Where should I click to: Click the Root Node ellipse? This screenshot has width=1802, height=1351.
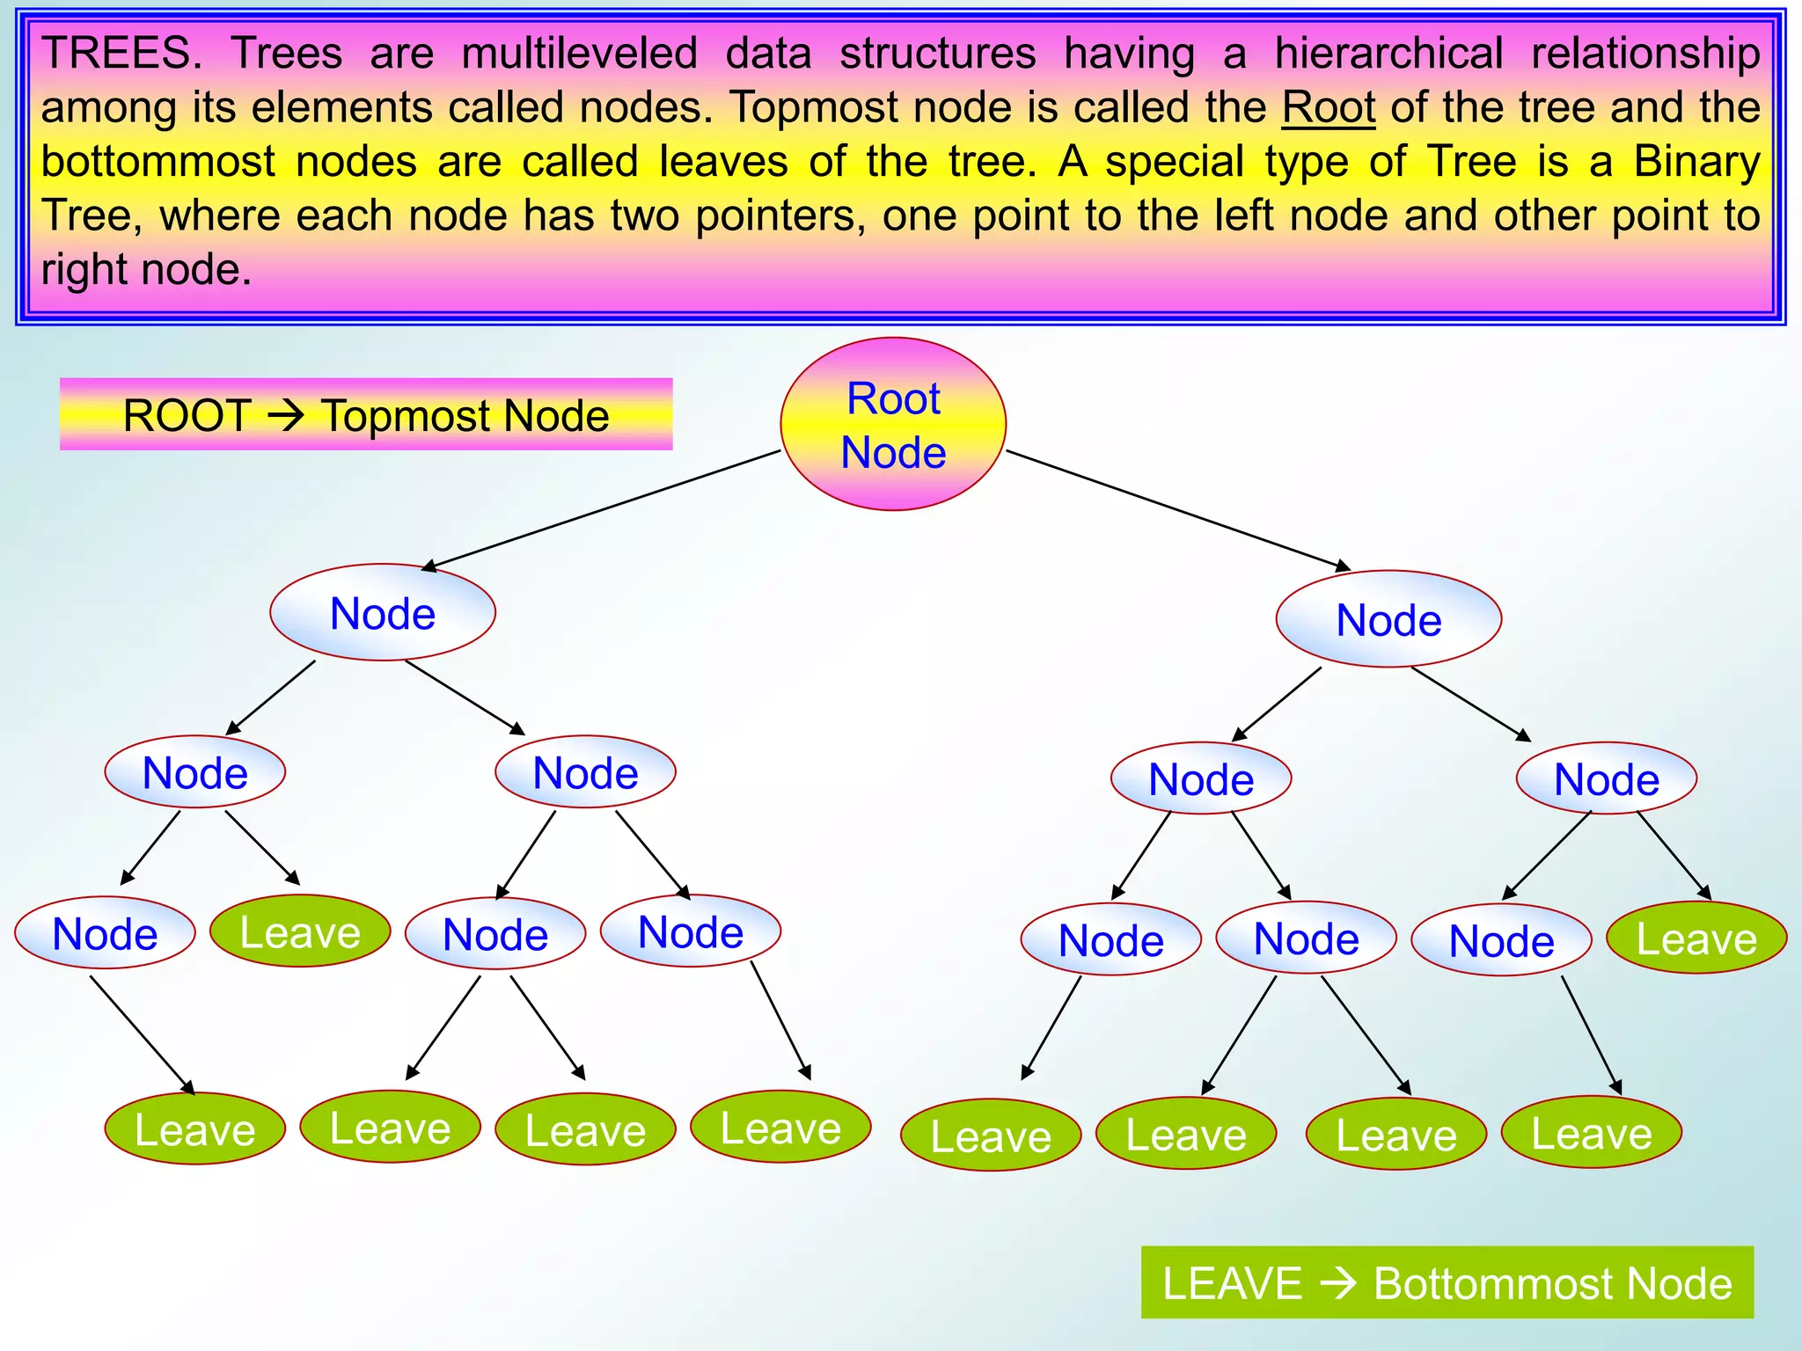(x=893, y=424)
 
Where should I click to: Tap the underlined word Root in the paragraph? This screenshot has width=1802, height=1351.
(x=1328, y=107)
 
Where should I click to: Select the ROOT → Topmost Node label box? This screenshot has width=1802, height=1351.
(x=366, y=414)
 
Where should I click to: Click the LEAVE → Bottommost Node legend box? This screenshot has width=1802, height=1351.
(x=1447, y=1282)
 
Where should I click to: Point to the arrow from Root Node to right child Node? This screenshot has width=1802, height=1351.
(x=1179, y=510)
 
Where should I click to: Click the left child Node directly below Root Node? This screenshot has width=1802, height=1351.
(x=383, y=612)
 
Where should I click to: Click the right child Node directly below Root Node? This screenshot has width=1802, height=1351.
(x=1388, y=619)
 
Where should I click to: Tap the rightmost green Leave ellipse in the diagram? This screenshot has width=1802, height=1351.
(x=1696, y=938)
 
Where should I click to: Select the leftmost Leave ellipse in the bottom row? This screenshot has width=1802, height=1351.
(x=194, y=1129)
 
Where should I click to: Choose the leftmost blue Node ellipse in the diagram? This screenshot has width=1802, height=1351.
(x=105, y=933)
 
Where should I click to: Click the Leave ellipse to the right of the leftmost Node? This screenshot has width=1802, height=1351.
(x=300, y=931)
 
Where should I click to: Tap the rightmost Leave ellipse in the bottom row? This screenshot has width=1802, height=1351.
(x=1591, y=1133)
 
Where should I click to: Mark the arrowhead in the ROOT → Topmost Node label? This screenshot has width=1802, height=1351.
(x=286, y=415)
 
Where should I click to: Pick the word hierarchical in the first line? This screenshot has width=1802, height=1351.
(x=1389, y=53)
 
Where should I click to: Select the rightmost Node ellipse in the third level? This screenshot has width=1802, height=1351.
(x=1606, y=778)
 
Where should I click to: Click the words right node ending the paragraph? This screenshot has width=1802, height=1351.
(x=146, y=269)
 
